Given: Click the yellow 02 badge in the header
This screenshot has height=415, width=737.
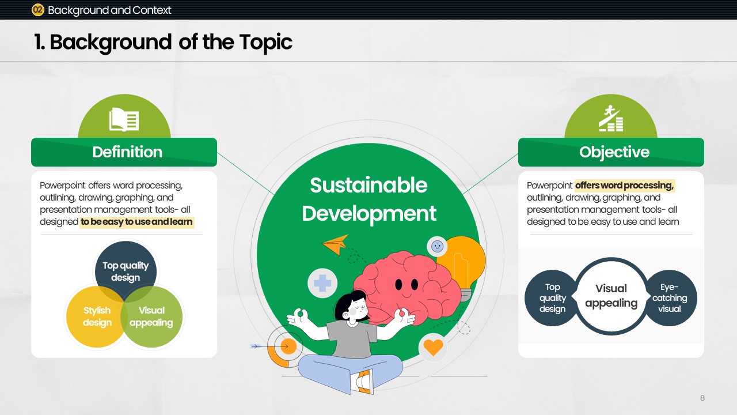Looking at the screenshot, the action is coord(38,10).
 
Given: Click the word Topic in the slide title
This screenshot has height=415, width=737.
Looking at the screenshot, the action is coord(266,42).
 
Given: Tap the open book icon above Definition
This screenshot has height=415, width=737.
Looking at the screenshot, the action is coord(124,119).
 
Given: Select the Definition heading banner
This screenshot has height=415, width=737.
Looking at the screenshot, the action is coord(124,152).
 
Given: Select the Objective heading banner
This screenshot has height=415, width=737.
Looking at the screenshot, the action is coord(611,152).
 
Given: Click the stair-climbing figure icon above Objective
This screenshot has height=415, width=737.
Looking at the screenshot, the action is coord(611,118).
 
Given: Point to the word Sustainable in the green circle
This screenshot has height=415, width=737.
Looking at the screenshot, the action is coord(368,185).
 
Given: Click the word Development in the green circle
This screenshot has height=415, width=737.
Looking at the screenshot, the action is coord(369,214).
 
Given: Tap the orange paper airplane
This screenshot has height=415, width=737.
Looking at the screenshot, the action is coord(336,244).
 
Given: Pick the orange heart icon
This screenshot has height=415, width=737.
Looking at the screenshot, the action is coord(433,347).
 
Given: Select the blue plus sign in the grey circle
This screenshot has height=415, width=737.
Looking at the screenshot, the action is coord(322,283).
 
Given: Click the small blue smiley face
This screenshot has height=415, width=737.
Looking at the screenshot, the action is coord(437,246).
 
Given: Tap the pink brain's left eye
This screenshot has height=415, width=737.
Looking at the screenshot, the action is coord(399,284).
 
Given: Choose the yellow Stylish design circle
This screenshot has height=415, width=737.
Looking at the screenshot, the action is coord(97,316).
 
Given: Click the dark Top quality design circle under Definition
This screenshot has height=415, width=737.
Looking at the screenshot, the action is coord(126,271).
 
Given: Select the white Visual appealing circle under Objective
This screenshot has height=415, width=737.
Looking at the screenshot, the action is coord(611,296).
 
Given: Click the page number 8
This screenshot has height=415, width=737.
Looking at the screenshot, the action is coord(702,398).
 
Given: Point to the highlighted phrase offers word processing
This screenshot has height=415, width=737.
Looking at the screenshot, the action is coord(625,186).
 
